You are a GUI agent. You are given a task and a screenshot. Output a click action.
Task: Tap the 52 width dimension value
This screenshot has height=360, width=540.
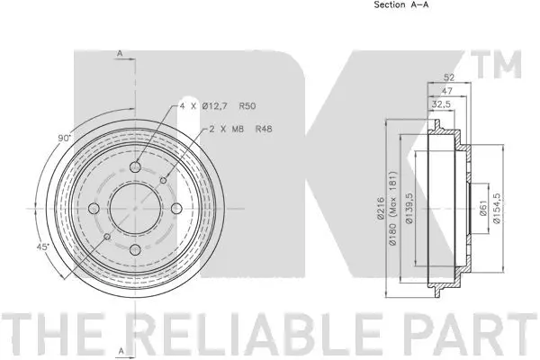(x=449, y=78)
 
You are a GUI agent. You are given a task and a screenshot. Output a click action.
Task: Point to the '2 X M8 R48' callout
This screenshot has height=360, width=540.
(x=241, y=129)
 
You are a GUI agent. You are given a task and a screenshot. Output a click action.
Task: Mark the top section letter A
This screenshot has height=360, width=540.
(x=121, y=53)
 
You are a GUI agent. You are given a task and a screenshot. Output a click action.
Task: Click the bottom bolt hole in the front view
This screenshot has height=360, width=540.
(x=134, y=250)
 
